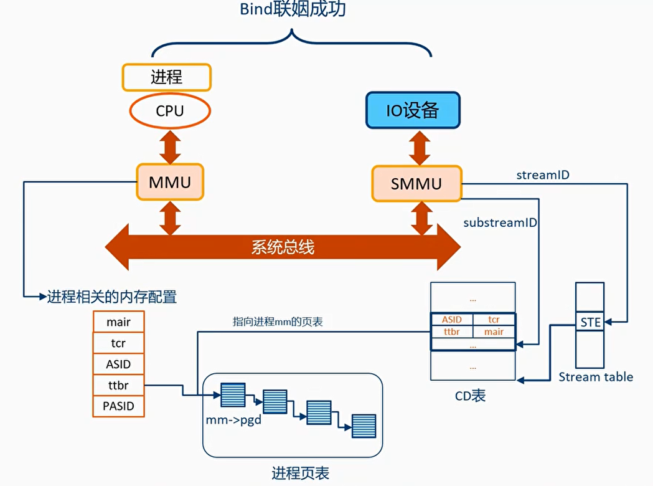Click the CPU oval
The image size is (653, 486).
(x=170, y=112)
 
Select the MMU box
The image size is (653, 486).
(x=169, y=182)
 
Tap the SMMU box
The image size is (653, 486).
(x=416, y=183)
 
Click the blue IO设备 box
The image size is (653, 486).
(x=413, y=110)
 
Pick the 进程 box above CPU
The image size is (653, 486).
(x=167, y=77)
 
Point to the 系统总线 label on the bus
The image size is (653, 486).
(x=283, y=247)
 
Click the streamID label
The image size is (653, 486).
(x=543, y=175)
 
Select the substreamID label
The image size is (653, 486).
(x=500, y=222)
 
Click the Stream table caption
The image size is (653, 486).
(x=596, y=377)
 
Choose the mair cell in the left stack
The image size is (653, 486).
(x=118, y=322)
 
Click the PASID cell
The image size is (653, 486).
(x=118, y=406)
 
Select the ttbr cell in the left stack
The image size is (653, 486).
(x=118, y=385)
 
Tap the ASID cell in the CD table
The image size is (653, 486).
(x=452, y=320)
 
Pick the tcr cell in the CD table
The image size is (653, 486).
(x=494, y=320)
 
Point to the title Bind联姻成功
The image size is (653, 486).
(x=292, y=12)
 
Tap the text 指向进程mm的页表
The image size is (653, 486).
(x=278, y=322)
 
